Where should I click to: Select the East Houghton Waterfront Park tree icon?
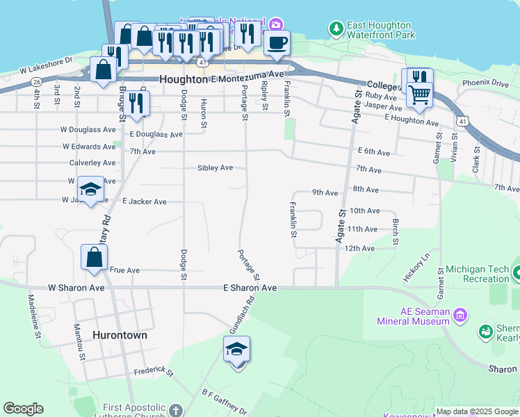coord(336,28)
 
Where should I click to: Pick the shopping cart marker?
coord(419,94)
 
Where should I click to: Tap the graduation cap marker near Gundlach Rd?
coord(236,350)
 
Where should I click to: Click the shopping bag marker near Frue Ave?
coord(94,257)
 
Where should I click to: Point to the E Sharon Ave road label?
coord(250,288)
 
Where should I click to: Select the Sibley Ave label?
coord(215,168)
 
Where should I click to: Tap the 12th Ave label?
coord(359,248)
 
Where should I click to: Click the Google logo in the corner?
coord(23,409)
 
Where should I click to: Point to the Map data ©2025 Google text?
coord(477,411)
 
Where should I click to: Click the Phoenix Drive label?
coord(485,83)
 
